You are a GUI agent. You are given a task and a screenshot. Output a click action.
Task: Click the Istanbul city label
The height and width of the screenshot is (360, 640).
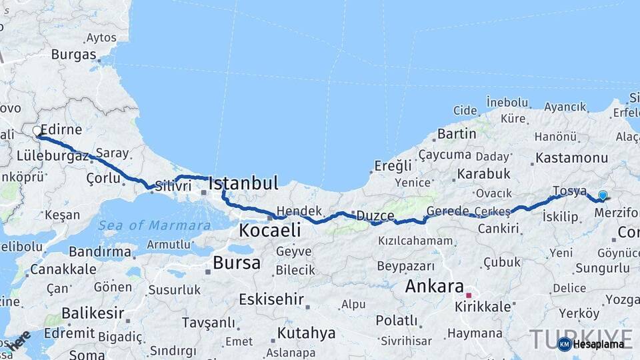[x=243, y=183]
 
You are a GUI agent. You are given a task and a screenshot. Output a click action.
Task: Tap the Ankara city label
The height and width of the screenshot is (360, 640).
[x=434, y=287]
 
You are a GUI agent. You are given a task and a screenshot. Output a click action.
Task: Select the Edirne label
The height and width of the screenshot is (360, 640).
[x=61, y=129]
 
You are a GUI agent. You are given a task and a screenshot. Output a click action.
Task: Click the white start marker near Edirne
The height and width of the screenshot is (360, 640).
[x=37, y=131]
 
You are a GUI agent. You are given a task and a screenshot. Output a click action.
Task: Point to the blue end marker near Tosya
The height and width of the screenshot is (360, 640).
[x=603, y=195]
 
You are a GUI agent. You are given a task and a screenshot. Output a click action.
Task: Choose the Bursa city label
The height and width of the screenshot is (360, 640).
[x=237, y=263]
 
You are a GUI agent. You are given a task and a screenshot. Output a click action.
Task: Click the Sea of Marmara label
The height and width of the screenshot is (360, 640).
[x=155, y=225]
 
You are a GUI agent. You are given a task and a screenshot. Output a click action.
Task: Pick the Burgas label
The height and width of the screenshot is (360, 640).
[x=74, y=55]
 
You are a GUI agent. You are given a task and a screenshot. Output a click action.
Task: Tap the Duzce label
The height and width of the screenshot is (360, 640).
[x=375, y=215]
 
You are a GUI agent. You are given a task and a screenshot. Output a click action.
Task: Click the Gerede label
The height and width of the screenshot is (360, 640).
[x=448, y=211]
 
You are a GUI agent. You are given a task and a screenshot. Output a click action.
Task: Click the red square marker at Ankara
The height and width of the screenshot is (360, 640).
[x=469, y=295]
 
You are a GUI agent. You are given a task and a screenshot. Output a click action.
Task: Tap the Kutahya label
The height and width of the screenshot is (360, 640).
[x=306, y=333]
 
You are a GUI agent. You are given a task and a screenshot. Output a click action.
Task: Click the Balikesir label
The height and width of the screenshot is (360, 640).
[x=93, y=313]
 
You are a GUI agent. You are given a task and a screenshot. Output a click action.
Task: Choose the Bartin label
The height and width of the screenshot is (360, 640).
[x=457, y=133]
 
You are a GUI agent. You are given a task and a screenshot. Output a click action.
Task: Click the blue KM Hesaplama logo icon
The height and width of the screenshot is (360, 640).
[x=564, y=344]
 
